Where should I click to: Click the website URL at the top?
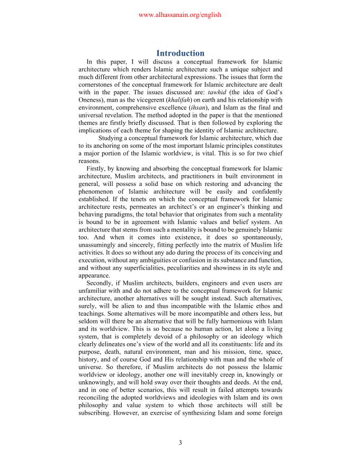point(179,15)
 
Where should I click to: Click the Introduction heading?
point(180,53)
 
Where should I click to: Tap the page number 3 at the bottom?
point(180,443)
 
